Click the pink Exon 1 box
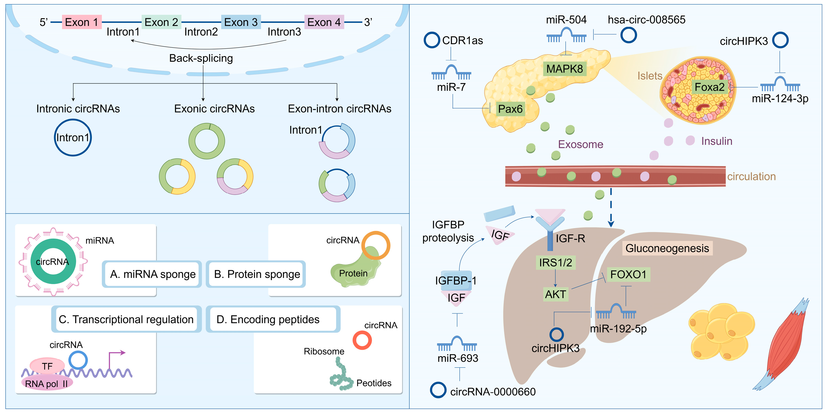pyautogui.click(x=81, y=22)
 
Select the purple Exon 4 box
pyautogui.click(x=324, y=22)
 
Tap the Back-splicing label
pyautogui.click(x=201, y=58)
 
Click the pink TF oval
pyautogui.click(x=47, y=366)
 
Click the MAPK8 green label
pyautogui.click(x=564, y=69)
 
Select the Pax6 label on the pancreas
pyautogui.click(x=510, y=109)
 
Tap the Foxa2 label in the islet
pyautogui.click(x=709, y=87)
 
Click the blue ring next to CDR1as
pyautogui.click(x=432, y=40)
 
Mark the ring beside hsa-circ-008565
pyautogui.click(x=628, y=35)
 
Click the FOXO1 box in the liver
pyautogui.click(x=628, y=275)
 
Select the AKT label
pyautogui.click(x=555, y=294)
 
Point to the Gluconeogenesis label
pyautogui.click(x=667, y=248)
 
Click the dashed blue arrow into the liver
pyautogui.click(x=611, y=208)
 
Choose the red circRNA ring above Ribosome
pyautogui.click(x=362, y=340)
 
